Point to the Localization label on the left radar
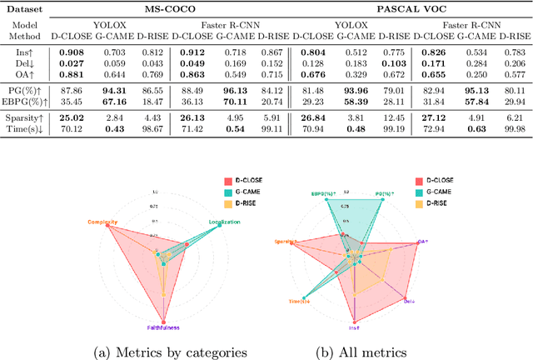tap(224, 222)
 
